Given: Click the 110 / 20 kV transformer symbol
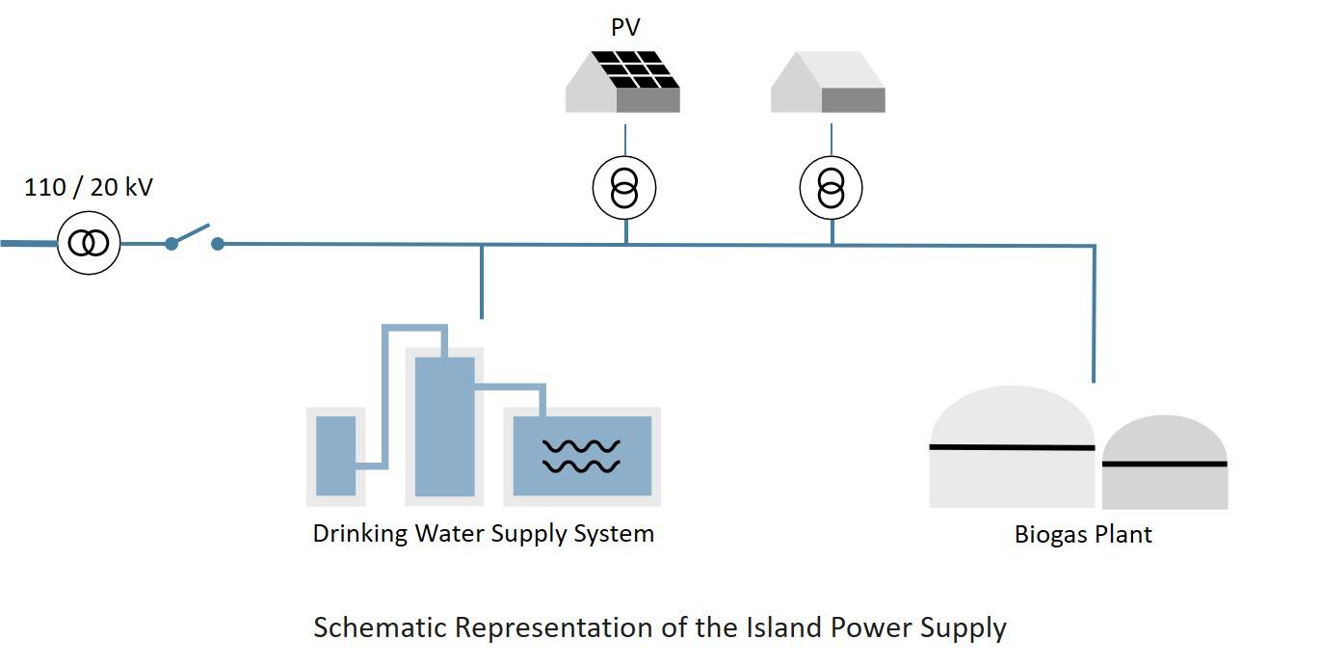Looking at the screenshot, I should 89,244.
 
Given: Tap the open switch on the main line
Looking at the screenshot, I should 194,236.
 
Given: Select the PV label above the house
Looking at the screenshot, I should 625,28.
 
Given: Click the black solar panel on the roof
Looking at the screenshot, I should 632,69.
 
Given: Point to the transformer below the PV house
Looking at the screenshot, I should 623,187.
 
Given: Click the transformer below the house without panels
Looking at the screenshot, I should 832,187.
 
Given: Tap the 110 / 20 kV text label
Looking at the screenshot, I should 89,187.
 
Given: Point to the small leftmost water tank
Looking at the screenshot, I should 335,455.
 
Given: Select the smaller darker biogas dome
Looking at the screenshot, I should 1164,464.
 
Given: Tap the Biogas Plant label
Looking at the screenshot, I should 1083,534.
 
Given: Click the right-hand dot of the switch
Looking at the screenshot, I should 218,244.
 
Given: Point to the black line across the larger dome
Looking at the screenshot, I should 1011,447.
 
